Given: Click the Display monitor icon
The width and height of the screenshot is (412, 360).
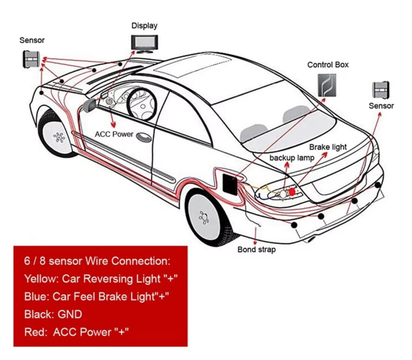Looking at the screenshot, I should [144, 42].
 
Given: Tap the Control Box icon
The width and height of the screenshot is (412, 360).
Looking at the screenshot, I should [327, 85].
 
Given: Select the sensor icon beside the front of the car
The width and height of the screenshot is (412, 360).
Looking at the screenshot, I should [31, 59].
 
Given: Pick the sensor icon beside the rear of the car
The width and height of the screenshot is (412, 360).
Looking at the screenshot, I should [381, 90].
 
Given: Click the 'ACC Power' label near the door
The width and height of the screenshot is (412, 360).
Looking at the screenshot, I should [114, 134].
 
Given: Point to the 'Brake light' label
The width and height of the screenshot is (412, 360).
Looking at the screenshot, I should [328, 147].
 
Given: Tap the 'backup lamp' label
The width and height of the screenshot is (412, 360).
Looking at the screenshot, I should [292, 158].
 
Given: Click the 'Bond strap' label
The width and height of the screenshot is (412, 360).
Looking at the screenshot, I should [256, 249].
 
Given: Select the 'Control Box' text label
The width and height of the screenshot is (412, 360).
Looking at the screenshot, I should [328, 65].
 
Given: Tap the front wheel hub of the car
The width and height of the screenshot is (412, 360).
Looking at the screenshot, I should [59, 137].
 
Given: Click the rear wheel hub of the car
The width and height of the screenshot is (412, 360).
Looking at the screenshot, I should [204, 217].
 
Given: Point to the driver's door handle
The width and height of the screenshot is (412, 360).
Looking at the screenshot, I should [144, 137].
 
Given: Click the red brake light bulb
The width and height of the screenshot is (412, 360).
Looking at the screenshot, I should [292, 191].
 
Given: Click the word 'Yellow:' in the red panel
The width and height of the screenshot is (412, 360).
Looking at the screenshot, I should [41, 279].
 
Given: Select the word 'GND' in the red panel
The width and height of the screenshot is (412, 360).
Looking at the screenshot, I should [70, 314].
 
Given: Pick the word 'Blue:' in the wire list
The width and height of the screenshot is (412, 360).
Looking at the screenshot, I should [36, 296].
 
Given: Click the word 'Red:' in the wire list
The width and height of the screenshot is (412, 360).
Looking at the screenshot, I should [36, 332].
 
